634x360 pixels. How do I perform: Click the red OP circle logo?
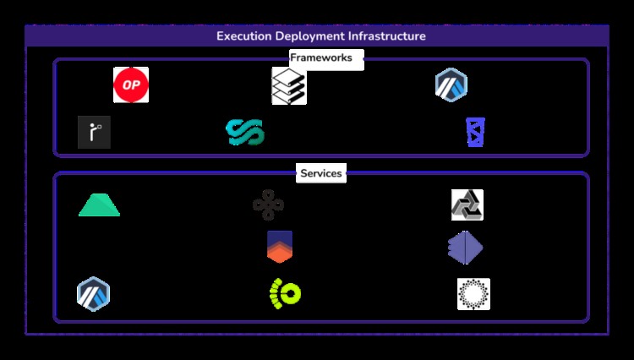(131, 85)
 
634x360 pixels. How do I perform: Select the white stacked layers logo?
(289, 85)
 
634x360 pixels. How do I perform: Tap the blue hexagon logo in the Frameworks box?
(451, 85)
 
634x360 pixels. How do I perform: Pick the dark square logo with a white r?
(94, 132)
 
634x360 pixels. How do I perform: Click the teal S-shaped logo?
(245, 132)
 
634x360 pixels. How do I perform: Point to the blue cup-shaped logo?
(475, 132)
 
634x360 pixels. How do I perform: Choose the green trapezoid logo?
(99, 205)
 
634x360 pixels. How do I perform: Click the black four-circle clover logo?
(269, 205)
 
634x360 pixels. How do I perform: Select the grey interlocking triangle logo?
(467, 205)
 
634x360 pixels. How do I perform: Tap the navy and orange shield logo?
(280, 247)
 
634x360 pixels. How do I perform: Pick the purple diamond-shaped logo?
(466, 248)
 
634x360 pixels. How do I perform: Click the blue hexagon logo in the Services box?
(93, 294)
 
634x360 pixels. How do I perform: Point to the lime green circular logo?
(286, 294)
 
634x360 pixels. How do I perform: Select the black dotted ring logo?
(473, 294)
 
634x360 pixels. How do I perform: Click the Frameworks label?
(321, 57)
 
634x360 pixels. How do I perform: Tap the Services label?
(321, 173)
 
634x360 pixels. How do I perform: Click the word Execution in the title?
(243, 36)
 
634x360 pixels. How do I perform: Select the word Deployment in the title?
(309, 36)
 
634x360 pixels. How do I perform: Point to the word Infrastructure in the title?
(387, 36)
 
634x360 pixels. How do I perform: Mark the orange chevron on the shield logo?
(280, 253)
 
